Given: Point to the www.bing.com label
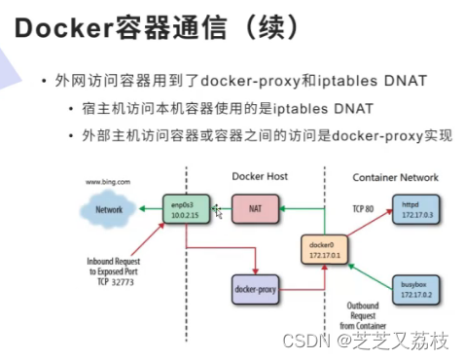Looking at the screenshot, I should point(108,182).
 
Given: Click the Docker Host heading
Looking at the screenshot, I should point(261,177).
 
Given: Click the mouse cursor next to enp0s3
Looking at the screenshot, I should point(218,211).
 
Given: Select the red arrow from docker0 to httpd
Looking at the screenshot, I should point(362,226).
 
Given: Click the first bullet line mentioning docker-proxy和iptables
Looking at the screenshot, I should point(233,79).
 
